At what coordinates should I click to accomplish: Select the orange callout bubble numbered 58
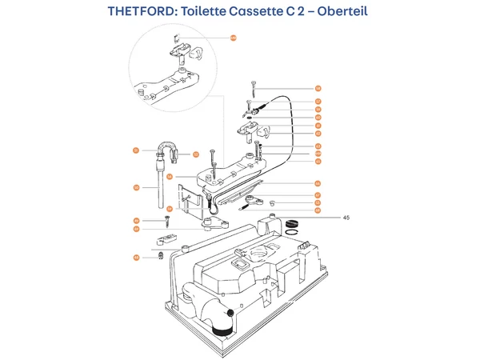(x=318, y=88)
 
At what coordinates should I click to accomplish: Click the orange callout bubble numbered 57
(x=318, y=102)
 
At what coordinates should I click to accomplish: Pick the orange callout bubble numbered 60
(x=318, y=118)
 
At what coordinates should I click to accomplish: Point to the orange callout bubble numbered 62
(x=318, y=134)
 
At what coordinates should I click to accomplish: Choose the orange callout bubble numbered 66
(x=318, y=183)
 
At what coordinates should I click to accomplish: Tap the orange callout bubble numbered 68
(x=318, y=210)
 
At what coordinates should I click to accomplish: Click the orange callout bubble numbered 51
(x=136, y=150)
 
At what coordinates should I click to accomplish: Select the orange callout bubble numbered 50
(x=136, y=187)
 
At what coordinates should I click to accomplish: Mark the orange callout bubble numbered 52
(x=195, y=154)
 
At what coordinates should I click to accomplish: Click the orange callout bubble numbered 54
(x=170, y=177)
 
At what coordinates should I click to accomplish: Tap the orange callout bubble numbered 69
(x=136, y=229)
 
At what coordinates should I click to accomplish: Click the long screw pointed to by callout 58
(x=253, y=90)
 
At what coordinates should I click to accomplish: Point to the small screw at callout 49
(x=166, y=222)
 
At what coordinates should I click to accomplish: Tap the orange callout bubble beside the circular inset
(x=234, y=38)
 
